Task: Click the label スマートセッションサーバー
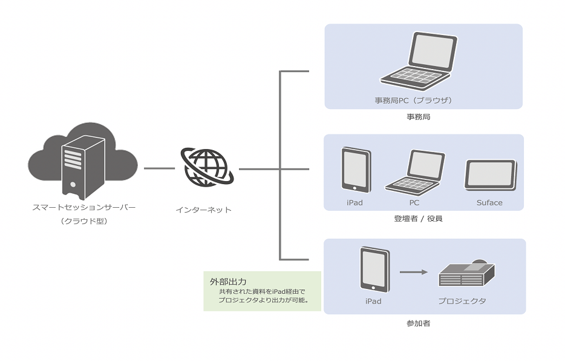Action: pyautogui.click(x=83, y=208)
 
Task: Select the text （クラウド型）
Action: pyautogui.click(x=83, y=222)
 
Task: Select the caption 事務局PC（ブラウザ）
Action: pyautogui.click(x=413, y=100)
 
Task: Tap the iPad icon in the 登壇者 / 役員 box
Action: pyautogui.click(x=356, y=170)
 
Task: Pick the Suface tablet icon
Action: pyautogui.click(x=490, y=175)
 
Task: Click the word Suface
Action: pyautogui.click(x=489, y=203)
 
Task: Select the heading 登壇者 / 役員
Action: pyautogui.click(x=418, y=218)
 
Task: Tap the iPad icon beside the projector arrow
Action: pyautogui.click(x=374, y=270)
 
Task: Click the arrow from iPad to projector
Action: pyautogui.click(x=414, y=272)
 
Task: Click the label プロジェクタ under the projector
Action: pyautogui.click(x=462, y=301)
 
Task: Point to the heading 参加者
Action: pyautogui.click(x=418, y=323)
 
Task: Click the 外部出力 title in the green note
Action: pyautogui.click(x=224, y=282)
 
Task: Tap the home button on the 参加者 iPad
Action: pyautogui.click(x=374, y=288)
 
